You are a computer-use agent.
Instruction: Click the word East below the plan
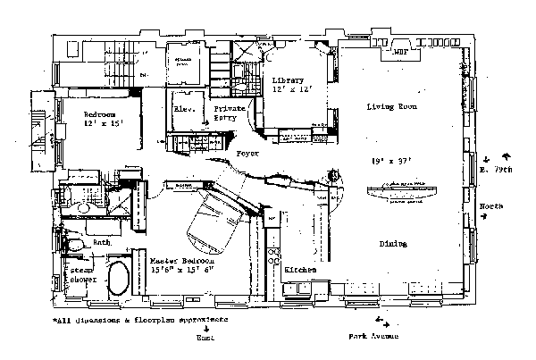click(x=205, y=337)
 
